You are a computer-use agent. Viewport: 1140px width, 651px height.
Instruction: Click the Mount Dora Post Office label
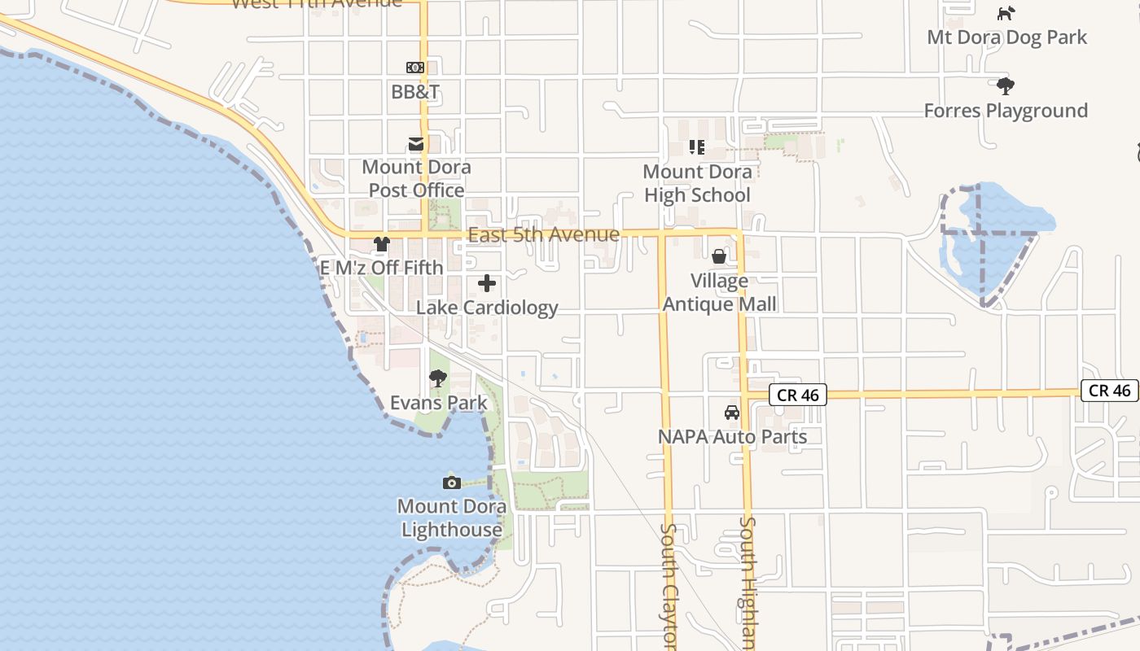[x=416, y=178]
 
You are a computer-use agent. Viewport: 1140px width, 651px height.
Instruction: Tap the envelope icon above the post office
[x=416, y=144]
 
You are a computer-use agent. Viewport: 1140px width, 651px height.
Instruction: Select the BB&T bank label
[x=415, y=92]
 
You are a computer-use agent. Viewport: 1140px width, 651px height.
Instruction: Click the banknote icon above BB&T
[x=415, y=68]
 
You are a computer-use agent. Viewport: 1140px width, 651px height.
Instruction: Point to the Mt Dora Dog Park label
[x=1007, y=37]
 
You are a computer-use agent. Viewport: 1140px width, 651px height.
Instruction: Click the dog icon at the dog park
[x=1007, y=13]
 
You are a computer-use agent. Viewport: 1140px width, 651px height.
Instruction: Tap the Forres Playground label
[x=1006, y=110]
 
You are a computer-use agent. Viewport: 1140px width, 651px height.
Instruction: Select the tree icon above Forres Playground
[x=1006, y=85]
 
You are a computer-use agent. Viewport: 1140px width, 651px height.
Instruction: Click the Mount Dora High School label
[x=697, y=183]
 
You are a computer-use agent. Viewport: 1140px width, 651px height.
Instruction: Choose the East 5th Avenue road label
[x=544, y=234]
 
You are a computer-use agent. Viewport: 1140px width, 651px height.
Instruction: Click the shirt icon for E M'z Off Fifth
[x=381, y=243]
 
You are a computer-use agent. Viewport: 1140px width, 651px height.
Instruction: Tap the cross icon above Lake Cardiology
[x=487, y=283]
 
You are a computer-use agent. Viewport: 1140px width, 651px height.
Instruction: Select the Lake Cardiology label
[x=487, y=308]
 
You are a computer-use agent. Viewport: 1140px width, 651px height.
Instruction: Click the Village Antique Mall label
[x=719, y=292]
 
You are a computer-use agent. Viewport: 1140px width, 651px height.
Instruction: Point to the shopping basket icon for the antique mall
[x=719, y=257]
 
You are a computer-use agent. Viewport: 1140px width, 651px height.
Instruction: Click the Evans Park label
[x=439, y=403]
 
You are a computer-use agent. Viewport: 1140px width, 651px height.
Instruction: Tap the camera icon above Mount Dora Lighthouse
[x=452, y=483]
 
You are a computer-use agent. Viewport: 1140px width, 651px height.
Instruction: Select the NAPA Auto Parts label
[x=732, y=436]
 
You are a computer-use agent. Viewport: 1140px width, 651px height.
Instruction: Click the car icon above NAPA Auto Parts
[x=732, y=412]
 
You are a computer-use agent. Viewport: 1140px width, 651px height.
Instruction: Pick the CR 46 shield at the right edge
[x=1110, y=391]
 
